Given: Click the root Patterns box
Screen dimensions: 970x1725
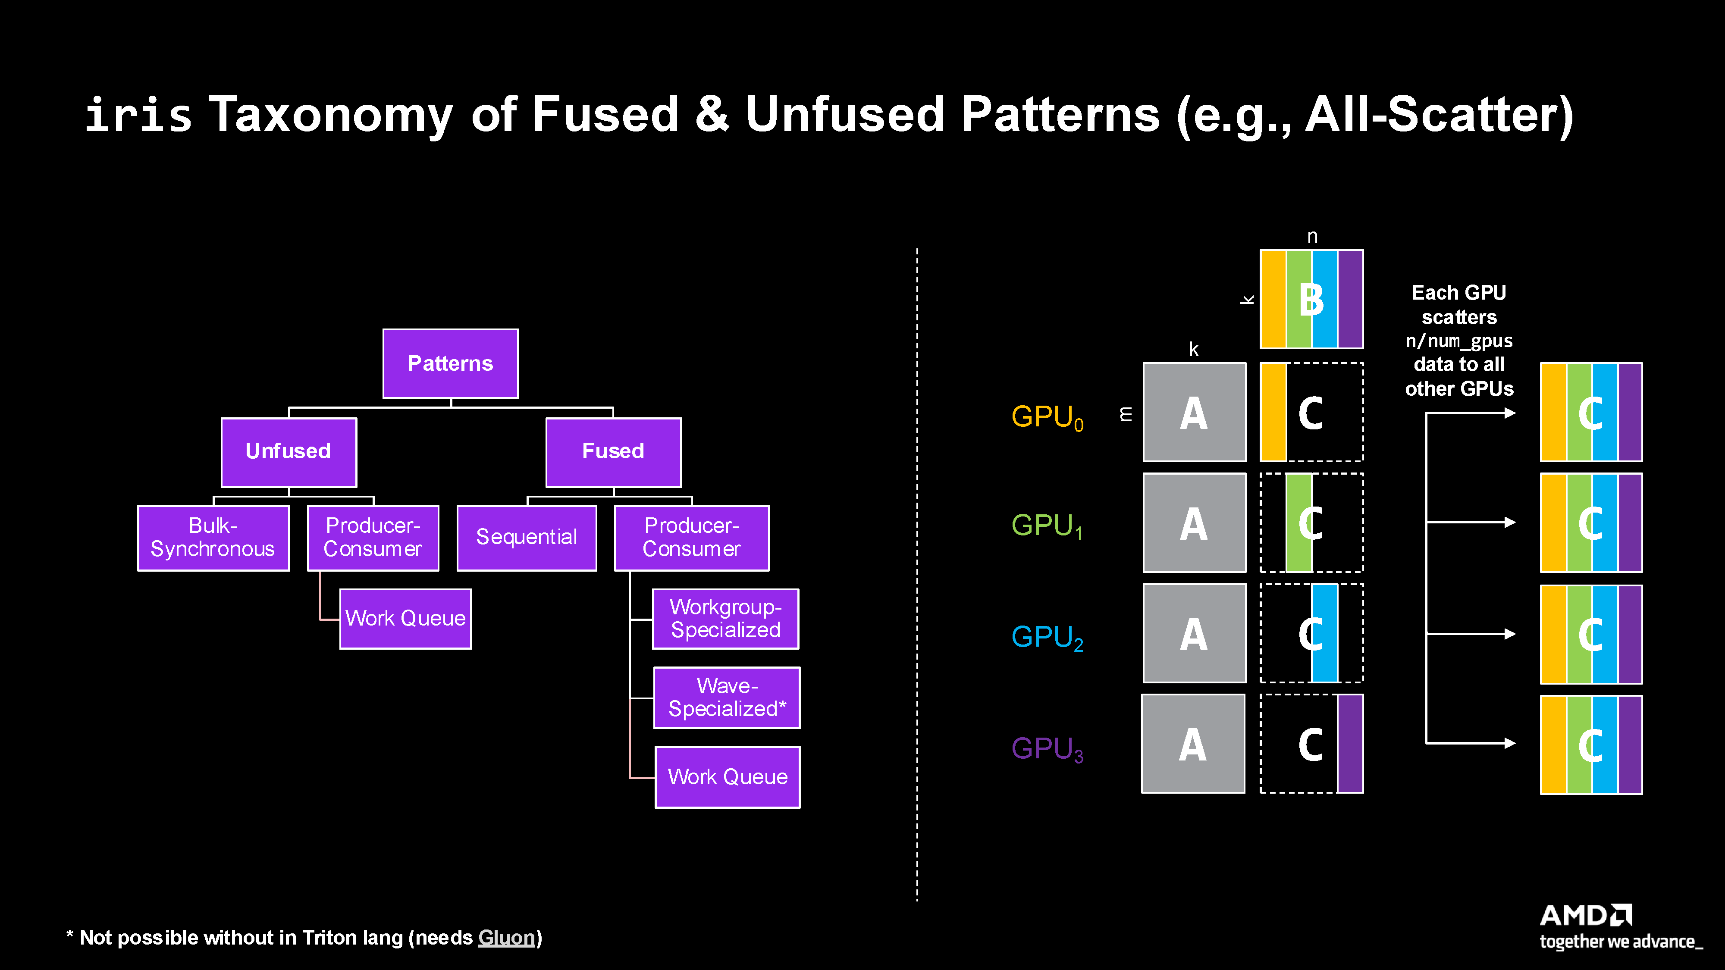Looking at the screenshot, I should pyautogui.click(x=450, y=363).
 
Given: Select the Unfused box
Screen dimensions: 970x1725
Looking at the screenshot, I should pyautogui.click(x=289, y=452).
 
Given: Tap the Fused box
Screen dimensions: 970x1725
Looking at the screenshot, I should pyautogui.click(x=613, y=452).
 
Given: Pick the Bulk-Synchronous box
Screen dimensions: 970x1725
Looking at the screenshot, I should pyautogui.click(x=213, y=538).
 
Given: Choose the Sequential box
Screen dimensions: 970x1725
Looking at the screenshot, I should pyautogui.click(x=526, y=538).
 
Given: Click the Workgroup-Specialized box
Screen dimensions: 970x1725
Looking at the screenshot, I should pyautogui.click(x=725, y=619).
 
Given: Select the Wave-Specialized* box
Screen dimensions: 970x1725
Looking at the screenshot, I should pyautogui.click(x=727, y=698).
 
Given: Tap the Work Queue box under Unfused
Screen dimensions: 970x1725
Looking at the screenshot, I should pyautogui.click(x=405, y=619).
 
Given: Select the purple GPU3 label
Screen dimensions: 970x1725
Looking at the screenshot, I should pyautogui.click(x=1047, y=749).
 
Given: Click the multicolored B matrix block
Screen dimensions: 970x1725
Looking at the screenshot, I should pyautogui.click(x=1311, y=299).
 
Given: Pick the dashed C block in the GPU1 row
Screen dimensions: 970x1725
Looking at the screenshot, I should pyautogui.click(x=1311, y=523).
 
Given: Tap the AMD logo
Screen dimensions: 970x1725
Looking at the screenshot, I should pyautogui.click(x=1586, y=915).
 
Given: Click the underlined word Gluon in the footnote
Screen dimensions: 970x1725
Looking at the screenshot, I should pyautogui.click(x=506, y=938).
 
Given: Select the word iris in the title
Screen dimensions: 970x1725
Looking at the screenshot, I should pyautogui.click(x=138, y=115).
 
